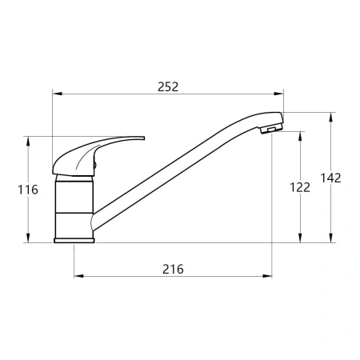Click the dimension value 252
168,87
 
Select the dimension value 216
173,269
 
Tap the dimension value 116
28,190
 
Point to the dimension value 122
300,187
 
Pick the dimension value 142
330,178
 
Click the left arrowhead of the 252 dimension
58,94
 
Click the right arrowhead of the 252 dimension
278,94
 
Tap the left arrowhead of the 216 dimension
78,276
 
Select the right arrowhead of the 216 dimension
267,276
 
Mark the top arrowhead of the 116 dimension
28,141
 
